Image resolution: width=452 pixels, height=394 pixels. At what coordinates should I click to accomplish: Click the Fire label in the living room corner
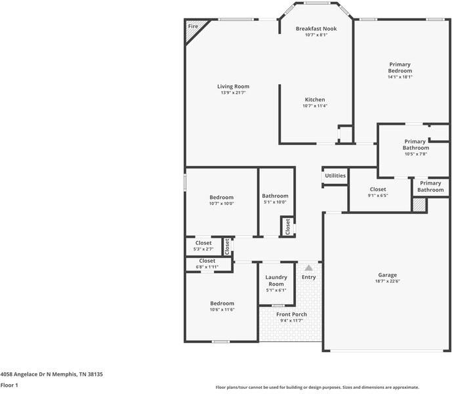[x=193, y=26]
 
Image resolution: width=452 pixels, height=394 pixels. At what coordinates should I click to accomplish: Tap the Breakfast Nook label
[x=316, y=29]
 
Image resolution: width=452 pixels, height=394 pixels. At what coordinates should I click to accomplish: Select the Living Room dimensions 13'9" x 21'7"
[x=233, y=93]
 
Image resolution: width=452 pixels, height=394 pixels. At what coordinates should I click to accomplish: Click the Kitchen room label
[x=315, y=100]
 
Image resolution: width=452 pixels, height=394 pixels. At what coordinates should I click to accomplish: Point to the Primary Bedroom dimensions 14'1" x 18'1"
[x=400, y=77]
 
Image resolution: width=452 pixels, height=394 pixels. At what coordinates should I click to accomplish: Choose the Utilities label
[x=335, y=176]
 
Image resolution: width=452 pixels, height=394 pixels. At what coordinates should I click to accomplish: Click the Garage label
[x=387, y=275]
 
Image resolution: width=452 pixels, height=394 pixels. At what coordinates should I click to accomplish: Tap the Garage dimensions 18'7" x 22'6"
[x=387, y=281]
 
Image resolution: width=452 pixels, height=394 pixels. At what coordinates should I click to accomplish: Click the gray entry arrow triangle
[x=308, y=268]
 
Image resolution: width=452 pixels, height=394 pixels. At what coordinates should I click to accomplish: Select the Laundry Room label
[x=276, y=281]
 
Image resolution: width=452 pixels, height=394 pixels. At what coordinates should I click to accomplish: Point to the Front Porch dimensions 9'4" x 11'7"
[x=291, y=320]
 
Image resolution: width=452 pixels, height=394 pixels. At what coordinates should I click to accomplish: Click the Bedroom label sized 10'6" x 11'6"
[x=222, y=303]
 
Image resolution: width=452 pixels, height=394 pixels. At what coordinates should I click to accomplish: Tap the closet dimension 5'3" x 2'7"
[x=203, y=249]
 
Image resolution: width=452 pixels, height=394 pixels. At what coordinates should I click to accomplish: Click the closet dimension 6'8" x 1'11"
[x=207, y=267]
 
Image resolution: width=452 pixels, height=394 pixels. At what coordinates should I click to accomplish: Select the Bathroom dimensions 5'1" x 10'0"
[x=275, y=202]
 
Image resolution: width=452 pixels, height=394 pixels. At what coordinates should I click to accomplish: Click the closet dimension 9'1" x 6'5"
[x=378, y=195]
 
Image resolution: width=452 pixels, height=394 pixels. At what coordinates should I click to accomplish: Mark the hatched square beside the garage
[x=419, y=205]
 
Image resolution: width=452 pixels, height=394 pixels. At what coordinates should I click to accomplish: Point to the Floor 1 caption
[x=9, y=385]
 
